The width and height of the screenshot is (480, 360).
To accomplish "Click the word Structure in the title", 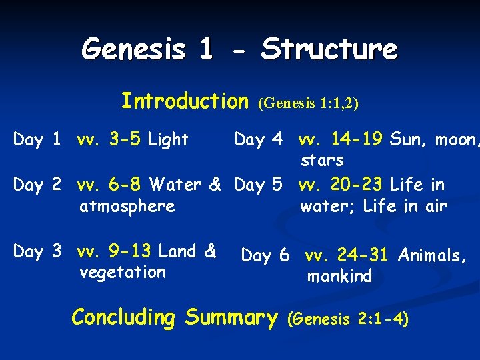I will [x=329, y=49].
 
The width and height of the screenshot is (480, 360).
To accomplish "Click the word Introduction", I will [x=184, y=101].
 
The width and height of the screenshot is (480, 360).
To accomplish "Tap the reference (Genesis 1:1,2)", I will [x=308, y=103].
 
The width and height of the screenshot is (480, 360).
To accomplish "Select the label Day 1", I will [x=37, y=140].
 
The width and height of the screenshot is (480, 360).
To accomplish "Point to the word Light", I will [x=169, y=140].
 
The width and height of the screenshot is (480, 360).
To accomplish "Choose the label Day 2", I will [x=37, y=185].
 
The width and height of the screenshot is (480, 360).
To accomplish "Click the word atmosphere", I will [x=127, y=206].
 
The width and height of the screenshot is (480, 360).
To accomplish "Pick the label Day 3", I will [x=37, y=252].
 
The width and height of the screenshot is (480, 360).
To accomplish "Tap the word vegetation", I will [x=122, y=272].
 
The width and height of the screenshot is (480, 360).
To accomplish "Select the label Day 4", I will [x=258, y=140].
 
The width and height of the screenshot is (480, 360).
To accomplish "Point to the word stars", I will [x=322, y=161].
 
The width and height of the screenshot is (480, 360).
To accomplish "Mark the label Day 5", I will [x=258, y=185].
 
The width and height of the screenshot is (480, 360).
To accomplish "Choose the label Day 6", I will [x=265, y=255].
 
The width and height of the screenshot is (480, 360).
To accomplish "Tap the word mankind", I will [x=339, y=276].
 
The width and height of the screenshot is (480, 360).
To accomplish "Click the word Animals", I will [x=432, y=255].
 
